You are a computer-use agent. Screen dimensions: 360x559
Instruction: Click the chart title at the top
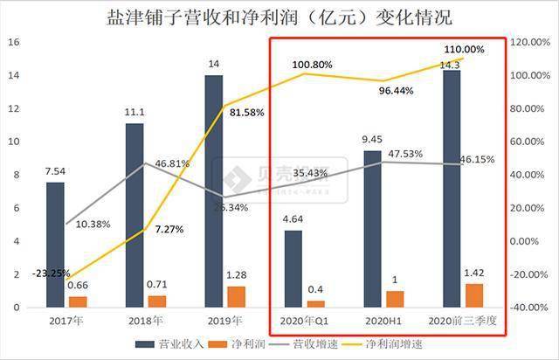tap(279, 17)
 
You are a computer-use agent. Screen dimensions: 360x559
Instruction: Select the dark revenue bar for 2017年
tap(55, 245)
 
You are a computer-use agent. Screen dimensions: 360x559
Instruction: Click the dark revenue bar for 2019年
tap(214, 191)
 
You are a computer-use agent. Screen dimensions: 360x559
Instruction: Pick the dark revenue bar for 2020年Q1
tap(293, 268)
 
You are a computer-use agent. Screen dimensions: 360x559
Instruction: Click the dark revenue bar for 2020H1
tap(373, 229)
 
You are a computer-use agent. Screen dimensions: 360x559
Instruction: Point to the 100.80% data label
tap(313, 64)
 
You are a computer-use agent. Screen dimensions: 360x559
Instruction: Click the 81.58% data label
tap(247, 113)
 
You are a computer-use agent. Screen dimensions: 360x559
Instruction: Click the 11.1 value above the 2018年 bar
tap(135, 113)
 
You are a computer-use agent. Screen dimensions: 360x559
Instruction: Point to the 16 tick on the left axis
tap(13, 42)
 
